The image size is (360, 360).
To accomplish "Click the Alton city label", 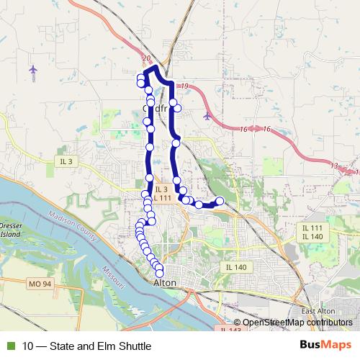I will click(x=165, y=283).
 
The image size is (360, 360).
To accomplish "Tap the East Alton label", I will click(x=318, y=310).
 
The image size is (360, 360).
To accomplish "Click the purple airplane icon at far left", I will click(x=33, y=69).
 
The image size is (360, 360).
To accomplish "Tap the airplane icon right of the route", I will click(x=207, y=115).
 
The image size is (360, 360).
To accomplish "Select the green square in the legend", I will click(x=10, y=346).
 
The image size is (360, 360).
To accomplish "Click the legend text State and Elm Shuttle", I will click(x=87, y=346).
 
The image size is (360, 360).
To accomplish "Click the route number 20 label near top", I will click(x=147, y=58).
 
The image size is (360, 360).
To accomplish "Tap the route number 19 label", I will click(x=185, y=86).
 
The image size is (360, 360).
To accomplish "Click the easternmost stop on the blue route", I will click(x=220, y=200).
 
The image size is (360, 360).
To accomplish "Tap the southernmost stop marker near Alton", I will click(x=160, y=272).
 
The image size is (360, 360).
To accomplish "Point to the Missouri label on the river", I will click(x=114, y=278).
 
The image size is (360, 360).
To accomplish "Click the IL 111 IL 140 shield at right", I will click(x=312, y=232).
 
